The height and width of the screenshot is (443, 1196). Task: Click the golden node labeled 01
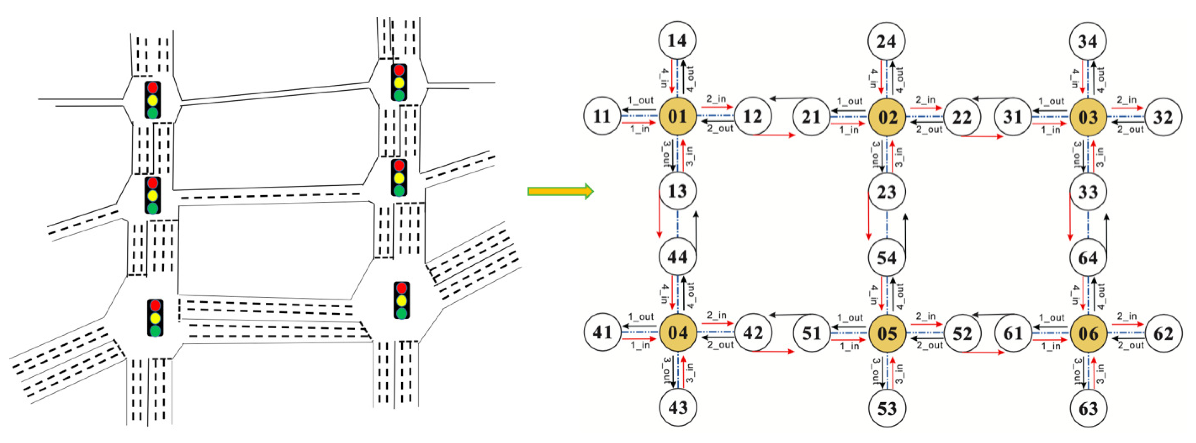(x=677, y=116)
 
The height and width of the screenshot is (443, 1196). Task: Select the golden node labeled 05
(x=887, y=333)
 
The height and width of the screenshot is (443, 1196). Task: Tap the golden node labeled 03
(x=1088, y=117)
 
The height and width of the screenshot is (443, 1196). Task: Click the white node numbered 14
(x=677, y=40)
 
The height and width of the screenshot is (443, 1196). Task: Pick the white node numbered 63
(x=1088, y=408)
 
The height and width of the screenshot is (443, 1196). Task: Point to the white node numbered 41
(x=602, y=332)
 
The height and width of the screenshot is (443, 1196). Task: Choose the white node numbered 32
(x=1163, y=117)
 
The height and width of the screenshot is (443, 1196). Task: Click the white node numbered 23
(x=886, y=192)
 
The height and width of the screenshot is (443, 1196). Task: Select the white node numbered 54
(x=886, y=257)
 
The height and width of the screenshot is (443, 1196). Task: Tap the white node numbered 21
(x=811, y=117)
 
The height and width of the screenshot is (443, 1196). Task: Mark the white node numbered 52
(x=962, y=333)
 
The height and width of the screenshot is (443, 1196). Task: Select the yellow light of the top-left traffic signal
(x=153, y=100)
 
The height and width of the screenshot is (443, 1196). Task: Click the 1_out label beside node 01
(x=640, y=100)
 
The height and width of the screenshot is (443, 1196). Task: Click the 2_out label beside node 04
(x=720, y=345)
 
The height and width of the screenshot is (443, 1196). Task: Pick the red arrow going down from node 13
(x=659, y=213)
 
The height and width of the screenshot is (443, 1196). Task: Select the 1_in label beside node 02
(x=849, y=130)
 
